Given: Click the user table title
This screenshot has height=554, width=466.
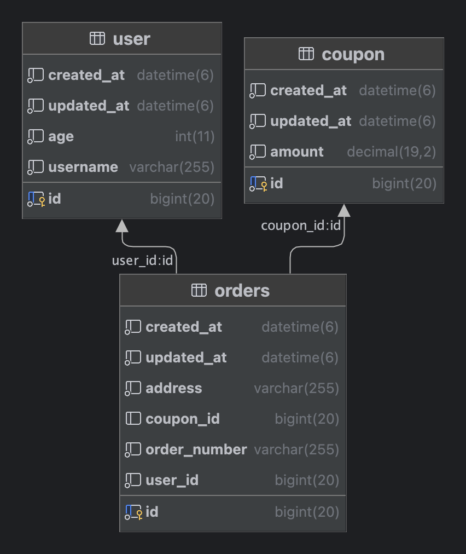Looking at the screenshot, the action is [131, 39].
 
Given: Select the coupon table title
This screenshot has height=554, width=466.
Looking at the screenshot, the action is [353, 54].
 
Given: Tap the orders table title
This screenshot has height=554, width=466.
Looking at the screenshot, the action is [242, 291].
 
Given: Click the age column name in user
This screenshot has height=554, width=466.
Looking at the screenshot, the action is [61, 136].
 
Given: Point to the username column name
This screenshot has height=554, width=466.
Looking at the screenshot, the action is [83, 167].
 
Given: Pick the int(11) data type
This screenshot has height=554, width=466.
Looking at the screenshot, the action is [195, 136].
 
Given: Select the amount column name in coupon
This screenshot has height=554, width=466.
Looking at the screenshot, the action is [297, 152].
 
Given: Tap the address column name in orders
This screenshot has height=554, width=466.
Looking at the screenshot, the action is [174, 388].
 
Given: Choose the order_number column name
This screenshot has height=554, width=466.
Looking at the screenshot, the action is [196, 449].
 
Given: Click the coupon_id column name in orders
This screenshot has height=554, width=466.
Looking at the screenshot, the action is [183, 419].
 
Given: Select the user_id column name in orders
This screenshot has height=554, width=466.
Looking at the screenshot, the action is [172, 480].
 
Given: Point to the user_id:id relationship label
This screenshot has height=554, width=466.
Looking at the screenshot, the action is [142, 261].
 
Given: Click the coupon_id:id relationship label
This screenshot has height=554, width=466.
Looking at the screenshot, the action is [301, 226].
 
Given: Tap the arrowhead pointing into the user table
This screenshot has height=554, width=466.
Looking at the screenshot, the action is [122, 226].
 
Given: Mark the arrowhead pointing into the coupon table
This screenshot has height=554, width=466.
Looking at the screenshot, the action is [344, 210].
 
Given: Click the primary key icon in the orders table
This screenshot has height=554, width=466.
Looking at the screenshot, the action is [134, 512].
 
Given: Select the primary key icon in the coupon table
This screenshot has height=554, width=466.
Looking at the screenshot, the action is [259, 184].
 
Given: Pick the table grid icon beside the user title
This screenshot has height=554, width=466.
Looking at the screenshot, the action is [97, 38].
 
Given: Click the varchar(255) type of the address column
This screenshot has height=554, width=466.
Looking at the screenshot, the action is [296, 388].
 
